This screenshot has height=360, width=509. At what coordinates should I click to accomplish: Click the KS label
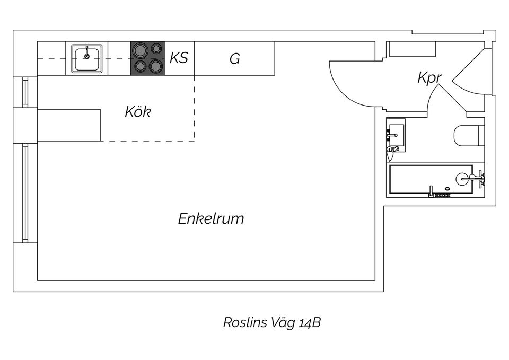(x=179, y=57)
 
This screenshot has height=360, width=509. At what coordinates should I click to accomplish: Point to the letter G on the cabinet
(x=234, y=59)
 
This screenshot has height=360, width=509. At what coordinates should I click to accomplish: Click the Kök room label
(x=138, y=112)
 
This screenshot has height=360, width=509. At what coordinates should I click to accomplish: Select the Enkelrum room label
(x=211, y=218)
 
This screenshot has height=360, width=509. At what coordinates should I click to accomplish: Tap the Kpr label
(x=429, y=78)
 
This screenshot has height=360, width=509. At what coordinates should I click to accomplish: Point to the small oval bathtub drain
(x=448, y=188)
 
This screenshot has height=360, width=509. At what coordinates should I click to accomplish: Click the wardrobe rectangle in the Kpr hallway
(x=412, y=49)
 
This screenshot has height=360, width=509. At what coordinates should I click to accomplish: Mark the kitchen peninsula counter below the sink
(x=69, y=125)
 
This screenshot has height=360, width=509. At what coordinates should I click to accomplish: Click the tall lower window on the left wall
(x=25, y=194)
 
